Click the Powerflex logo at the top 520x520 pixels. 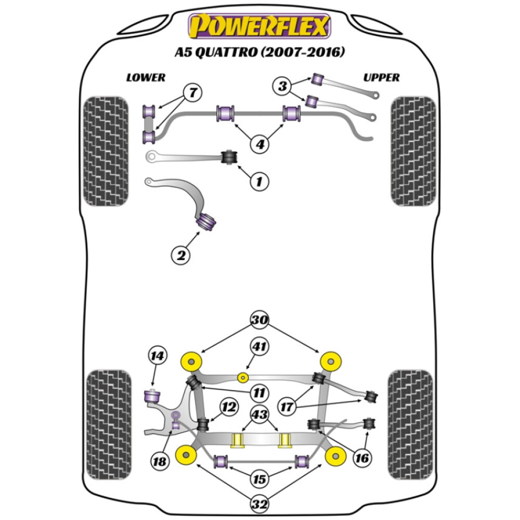259,26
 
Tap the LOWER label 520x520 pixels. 146,77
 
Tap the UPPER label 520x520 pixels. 381,77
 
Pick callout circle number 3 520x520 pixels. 282,86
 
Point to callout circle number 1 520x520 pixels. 259,181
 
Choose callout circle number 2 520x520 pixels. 181,255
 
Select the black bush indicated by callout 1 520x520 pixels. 228,156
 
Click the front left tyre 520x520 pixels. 106,151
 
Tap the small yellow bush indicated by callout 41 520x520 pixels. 242,377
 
